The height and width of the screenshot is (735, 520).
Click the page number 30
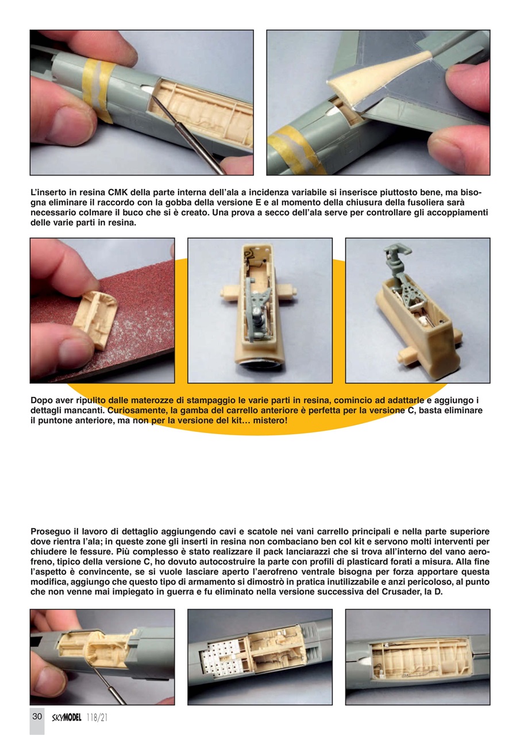coord(37,716)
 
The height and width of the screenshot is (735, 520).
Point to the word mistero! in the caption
coord(267,421)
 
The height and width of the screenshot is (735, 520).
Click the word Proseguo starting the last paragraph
coord(52,532)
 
